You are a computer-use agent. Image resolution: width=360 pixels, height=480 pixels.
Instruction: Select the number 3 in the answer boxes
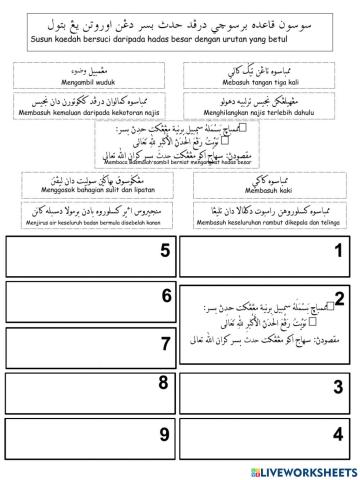[338, 388]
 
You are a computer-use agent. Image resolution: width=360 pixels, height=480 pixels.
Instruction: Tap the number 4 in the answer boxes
[338, 434]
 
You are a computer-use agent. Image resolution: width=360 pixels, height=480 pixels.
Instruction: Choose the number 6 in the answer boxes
[166, 295]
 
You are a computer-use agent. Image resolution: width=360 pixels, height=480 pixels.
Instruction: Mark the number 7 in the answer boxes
[166, 344]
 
